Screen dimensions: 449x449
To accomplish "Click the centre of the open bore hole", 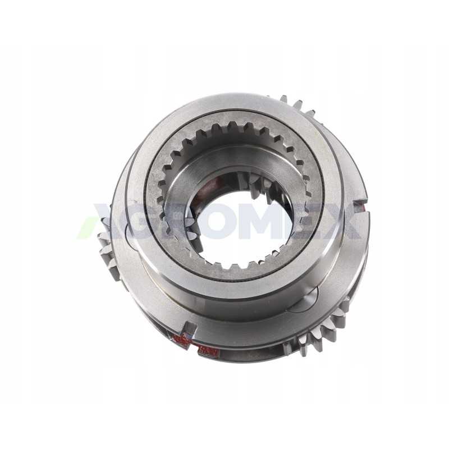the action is pos(246,226).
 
